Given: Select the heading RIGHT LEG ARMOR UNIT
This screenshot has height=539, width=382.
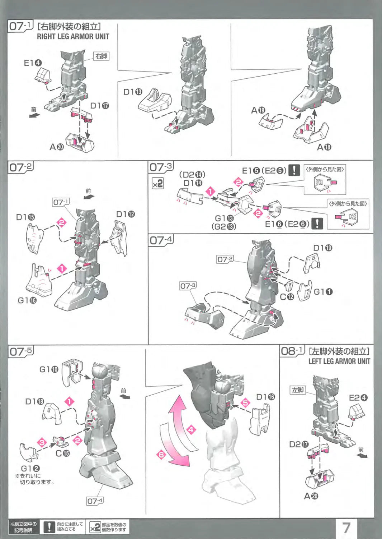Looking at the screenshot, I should coord(73,36).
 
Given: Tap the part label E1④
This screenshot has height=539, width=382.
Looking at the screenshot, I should coord(33,63).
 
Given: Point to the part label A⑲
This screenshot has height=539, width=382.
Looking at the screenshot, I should coord(258,110).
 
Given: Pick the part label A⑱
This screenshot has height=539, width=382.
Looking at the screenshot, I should coord(324,147).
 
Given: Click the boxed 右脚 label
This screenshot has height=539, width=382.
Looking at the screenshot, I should coord(101,56).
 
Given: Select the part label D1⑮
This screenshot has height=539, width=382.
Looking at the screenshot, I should coord(25,217).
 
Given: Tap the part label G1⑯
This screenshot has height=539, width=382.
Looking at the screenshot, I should coord(27,300).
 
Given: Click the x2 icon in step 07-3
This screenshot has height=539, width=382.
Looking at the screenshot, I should coord(157,184).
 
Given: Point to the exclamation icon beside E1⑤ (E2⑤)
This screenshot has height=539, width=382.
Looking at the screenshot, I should coord(294,170).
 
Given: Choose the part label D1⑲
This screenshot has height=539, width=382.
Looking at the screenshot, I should coord(322,248).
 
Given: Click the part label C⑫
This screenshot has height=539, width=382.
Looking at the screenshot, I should coord(287,297).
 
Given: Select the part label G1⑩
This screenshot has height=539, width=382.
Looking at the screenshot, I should coord(49,369).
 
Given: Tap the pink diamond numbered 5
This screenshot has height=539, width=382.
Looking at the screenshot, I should coord(245,402).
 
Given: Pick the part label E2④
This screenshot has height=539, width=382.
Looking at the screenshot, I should coord(358,397).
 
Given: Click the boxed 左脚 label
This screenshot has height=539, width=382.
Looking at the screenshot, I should coord(298,390).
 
